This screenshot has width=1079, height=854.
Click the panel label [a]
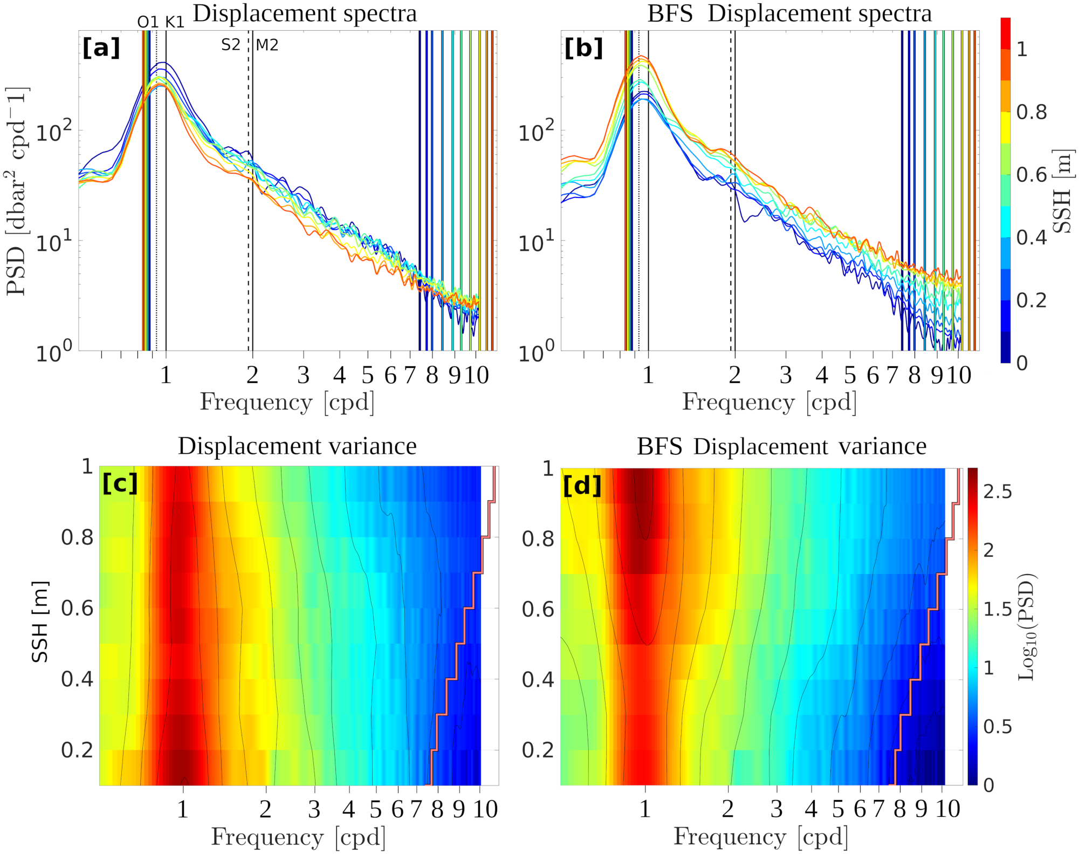101,48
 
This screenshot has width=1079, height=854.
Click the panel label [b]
583,48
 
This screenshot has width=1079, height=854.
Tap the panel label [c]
120,483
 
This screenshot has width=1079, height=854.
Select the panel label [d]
582,486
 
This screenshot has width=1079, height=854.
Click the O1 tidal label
148,22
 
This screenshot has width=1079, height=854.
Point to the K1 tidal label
175,22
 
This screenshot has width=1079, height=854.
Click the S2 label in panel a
231,45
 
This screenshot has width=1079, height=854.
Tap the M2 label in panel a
267,45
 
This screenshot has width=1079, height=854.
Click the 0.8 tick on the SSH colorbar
1032,112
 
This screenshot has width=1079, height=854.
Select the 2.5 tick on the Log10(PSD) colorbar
998,491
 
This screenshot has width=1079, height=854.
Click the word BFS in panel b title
670,13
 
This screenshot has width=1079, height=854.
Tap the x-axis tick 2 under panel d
728,809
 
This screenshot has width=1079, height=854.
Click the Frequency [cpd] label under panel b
769,402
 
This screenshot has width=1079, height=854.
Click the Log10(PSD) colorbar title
1027,626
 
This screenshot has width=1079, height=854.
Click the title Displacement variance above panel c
297,446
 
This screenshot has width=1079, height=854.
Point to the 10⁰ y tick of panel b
537,352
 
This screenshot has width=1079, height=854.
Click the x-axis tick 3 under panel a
304,375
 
